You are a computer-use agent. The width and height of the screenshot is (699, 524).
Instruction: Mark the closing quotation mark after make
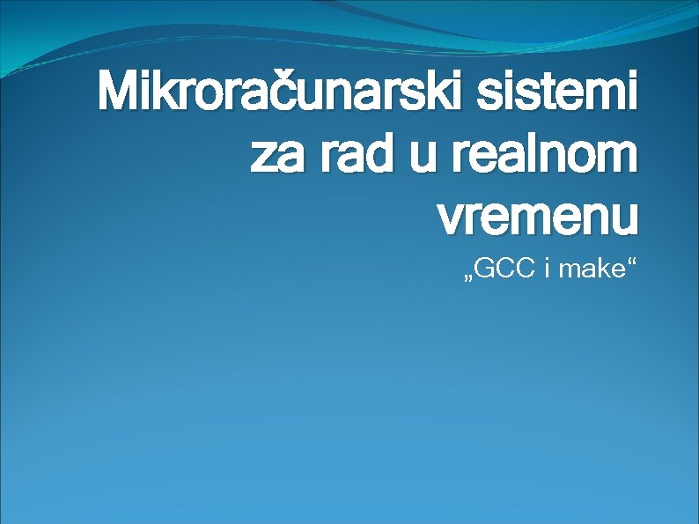point(629,263)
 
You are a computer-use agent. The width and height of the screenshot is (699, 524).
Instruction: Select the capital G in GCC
point(487,269)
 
